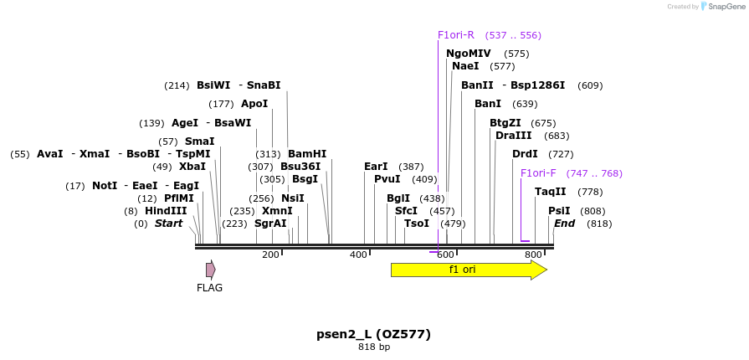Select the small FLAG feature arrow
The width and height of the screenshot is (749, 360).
tap(211, 270)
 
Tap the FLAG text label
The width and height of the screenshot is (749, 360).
tap(209, 288)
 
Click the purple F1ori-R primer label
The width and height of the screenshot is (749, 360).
tap(456, 35)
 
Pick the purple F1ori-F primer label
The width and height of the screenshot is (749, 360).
tap(538, 173)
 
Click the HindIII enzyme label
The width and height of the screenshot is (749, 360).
tap(166, 211)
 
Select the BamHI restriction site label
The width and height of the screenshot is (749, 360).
tap(307, 154)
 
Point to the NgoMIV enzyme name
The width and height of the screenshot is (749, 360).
tap(469, 54)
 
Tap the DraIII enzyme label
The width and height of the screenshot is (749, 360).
tap(514, 136)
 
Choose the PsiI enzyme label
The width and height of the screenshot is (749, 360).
tap(559, 211)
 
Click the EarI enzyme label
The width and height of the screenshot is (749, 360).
tap(376, 167)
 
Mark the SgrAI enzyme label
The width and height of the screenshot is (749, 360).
tap(270, 224)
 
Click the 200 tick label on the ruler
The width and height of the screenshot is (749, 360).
tap(270, 255)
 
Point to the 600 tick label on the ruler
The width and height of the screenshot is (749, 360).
tap(446, 255)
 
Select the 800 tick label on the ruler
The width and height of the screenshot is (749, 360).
tap(533, 255)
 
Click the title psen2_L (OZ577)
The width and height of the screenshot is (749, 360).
tap(373, 334)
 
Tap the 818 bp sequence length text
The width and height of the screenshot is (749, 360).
tap(374, 347)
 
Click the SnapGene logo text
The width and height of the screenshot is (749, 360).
tap(724, 7)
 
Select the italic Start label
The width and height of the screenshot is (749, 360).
tap(168, 224)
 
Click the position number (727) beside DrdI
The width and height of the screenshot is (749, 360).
tap(561, 154)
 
